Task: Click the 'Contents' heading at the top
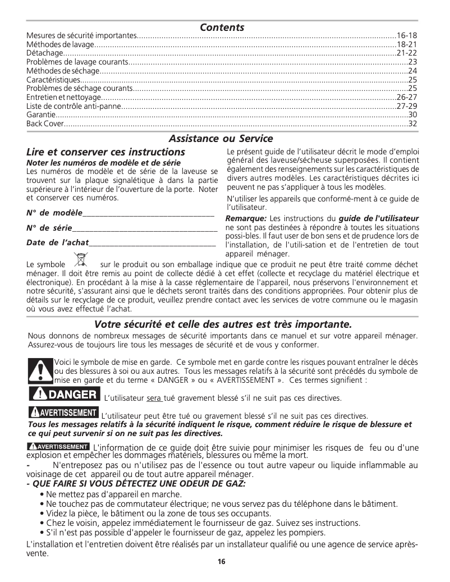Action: [222, 27]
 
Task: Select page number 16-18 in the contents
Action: [407, 35]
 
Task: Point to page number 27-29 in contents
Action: [407, 106]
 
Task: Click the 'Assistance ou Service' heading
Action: [221, 138]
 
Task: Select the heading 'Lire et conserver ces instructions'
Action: [105, 152]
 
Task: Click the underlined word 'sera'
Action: [154, 398]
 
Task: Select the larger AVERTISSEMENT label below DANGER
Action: [63, 413]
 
